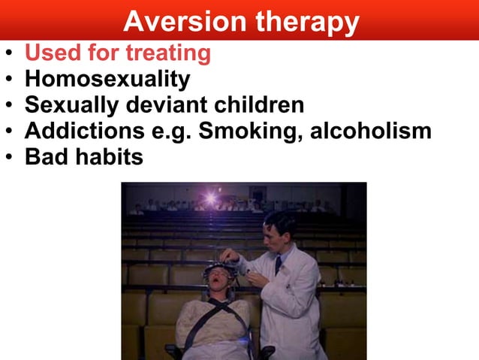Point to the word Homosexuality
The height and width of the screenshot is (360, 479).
(x=107, y=80)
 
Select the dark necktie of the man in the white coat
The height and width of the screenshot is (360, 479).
(x=278, y=264)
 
